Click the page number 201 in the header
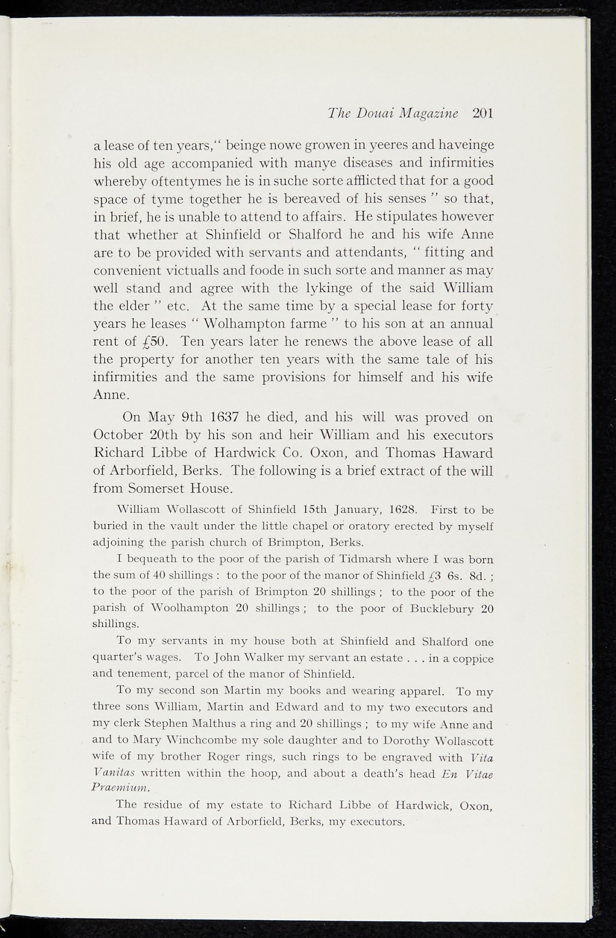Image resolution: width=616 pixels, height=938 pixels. coord(482,113)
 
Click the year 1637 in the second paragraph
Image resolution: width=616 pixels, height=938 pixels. coord(225,417)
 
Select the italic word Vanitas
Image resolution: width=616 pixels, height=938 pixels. coord(113,772)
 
